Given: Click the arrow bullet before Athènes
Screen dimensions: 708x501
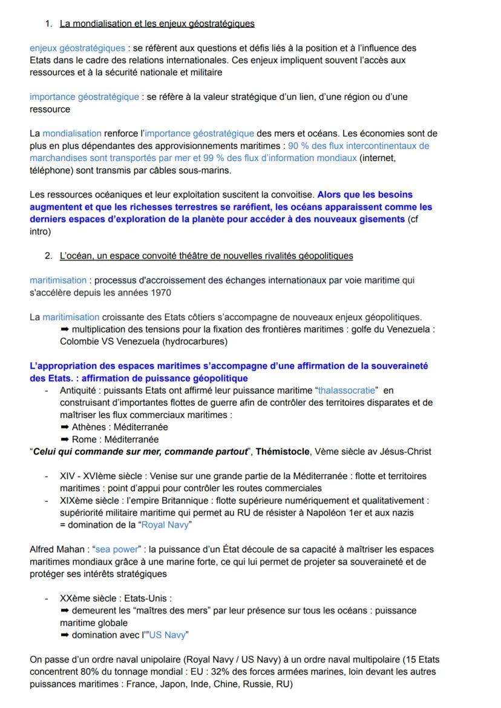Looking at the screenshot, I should (65, 428).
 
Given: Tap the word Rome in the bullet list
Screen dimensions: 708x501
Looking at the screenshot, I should (85, 440).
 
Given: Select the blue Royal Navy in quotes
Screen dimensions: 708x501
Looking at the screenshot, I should (165, 525).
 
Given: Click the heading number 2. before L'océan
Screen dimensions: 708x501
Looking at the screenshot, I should (48, 256).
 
